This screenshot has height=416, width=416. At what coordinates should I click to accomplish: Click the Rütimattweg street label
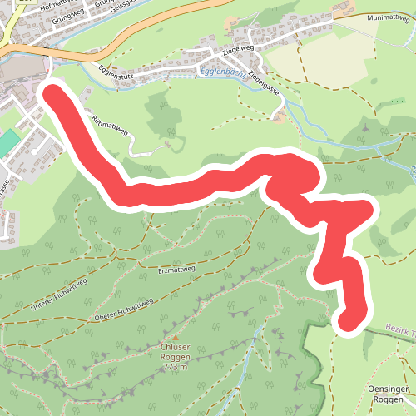[x=111, y=126]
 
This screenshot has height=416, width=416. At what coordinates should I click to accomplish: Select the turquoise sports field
[x=6, y=142]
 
